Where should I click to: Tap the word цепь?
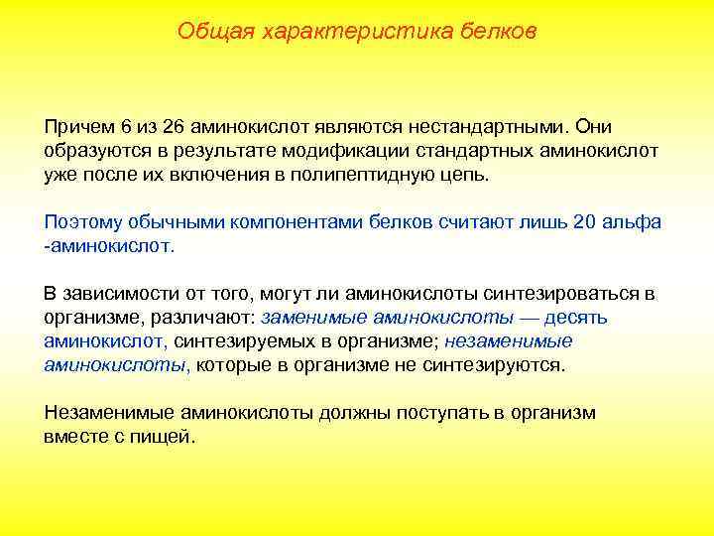(x=463, y=174)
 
